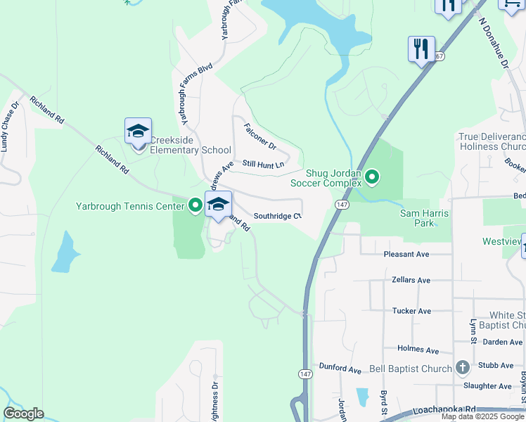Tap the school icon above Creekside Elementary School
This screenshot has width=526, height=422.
pyautogui.click(x=139, y=131)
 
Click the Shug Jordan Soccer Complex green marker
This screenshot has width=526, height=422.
pyautogui.click(x=372, y=177)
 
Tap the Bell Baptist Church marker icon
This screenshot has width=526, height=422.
pyautogui.click(x=463, y=367)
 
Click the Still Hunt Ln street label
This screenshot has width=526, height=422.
pyautogui.click(x=263, y=164)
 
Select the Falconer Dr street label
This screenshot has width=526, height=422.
pyautogui.click(x=260, y=134)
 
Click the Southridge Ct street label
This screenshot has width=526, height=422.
pyautogui.click(x=277, y=216)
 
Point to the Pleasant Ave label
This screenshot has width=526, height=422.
pyautogui.click(x=407, y=254)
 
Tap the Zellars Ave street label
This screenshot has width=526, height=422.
pyautogui.click(x=411, y=280)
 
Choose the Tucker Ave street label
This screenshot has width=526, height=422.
pyautogui.click(x=411, y=311)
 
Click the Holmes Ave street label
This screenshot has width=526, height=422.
pyautogui.click(x=418, y=350)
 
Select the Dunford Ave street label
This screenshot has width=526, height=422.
pyautogui.click(x=340, y=369)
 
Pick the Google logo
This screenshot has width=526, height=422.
pyautogui.click(x=23, y=414)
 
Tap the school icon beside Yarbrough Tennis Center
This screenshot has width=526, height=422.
pyautogui.click(x=218, y=205)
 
